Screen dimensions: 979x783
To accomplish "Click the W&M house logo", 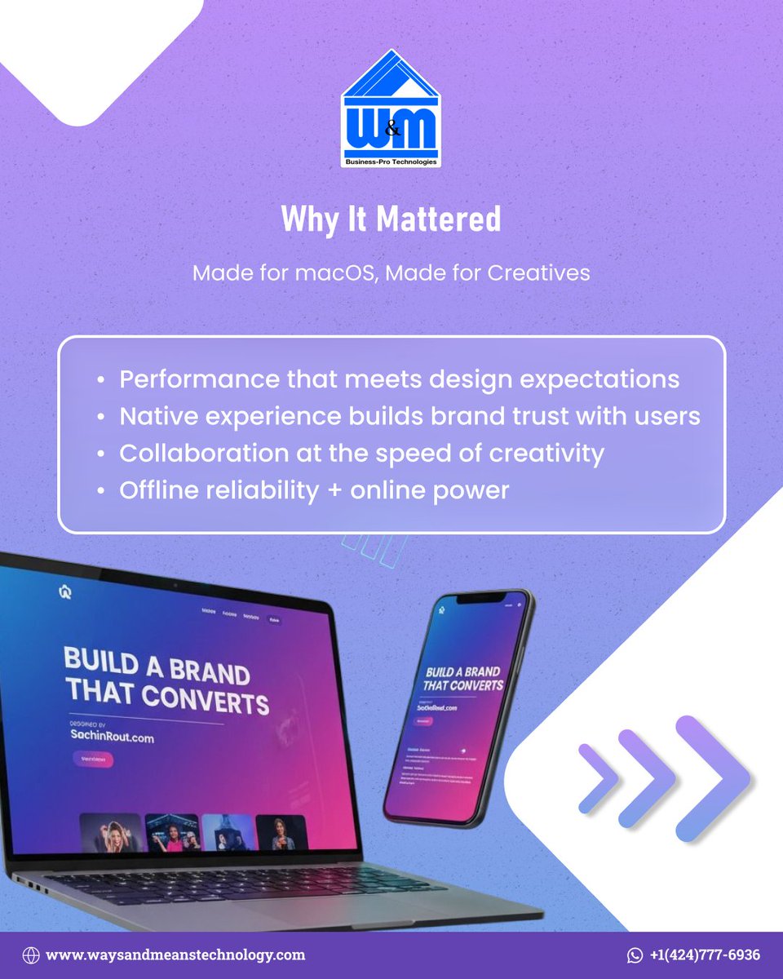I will (391, 110).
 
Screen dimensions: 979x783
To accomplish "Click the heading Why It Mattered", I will (391, 219).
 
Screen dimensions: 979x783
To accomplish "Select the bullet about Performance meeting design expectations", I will (400, 379).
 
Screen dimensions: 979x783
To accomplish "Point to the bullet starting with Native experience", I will (409, 416).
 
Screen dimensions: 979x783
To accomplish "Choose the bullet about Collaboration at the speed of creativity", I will (361, 453).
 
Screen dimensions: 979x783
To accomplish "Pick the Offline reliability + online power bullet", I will (314, 490).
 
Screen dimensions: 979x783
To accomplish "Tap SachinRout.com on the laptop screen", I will (111, 738).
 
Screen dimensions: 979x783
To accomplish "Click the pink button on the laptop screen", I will (93, 759).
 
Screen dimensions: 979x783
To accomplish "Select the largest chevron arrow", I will (711, 777).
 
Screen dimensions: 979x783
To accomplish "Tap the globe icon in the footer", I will (31, 955).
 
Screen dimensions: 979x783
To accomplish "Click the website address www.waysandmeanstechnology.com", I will (175, 955).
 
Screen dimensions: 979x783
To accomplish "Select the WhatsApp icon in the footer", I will (635, 955).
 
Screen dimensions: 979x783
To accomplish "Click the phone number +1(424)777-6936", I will (705, 955).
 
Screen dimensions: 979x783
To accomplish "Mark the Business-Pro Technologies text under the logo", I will (391, 162).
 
